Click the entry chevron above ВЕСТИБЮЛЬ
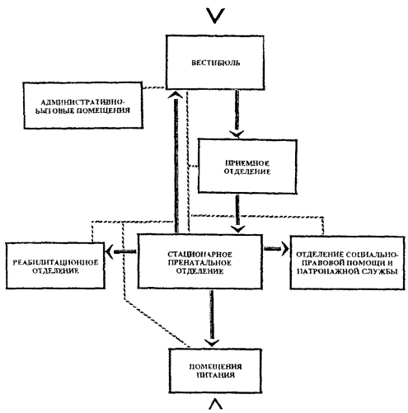click(x=215, y=16)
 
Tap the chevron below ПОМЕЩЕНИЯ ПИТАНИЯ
click(x=216, y=405)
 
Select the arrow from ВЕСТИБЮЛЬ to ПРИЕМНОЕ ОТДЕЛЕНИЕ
click(x=237, y=113)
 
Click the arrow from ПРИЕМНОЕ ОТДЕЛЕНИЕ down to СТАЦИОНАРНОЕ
click(x=237, y=214)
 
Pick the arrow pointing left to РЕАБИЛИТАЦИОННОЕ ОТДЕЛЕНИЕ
click(x=121, y=251)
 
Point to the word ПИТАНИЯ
click(x=216, y=375)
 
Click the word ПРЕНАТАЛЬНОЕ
click(x=199, y=263)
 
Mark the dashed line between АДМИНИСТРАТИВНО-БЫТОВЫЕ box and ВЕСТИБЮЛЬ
click(x=154, y=88)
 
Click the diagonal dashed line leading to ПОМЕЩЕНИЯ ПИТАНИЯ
click(x=157, y=324)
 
